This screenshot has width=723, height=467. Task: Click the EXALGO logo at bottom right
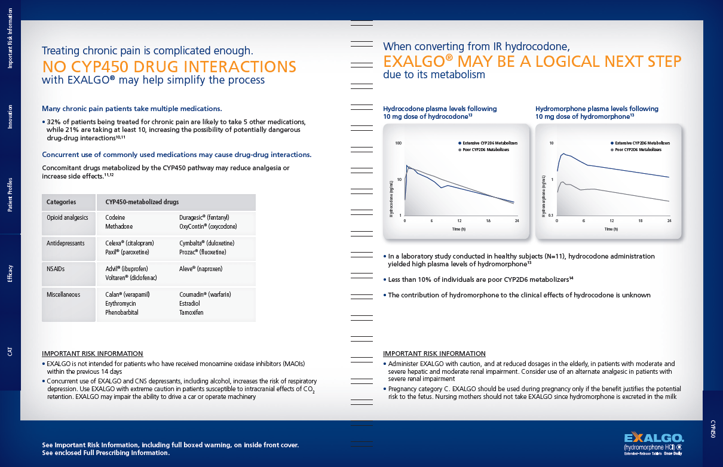click(654, 438)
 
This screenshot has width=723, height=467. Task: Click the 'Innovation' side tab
click(10, 117)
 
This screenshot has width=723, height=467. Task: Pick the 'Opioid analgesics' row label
click(68, 218)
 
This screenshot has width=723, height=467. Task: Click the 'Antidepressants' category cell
click(66, 244)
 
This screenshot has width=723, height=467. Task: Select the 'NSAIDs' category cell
click(57, 269)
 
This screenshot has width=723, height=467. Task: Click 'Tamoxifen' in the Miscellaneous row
click(191, 312)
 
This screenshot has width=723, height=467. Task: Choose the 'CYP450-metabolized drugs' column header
click(142, 202)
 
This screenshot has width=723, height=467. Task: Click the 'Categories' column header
click(62, 202)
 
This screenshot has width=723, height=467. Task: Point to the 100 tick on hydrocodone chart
click(399, 144)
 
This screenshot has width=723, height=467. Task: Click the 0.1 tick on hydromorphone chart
click(551, 215)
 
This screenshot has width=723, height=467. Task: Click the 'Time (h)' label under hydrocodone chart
click(458, 229)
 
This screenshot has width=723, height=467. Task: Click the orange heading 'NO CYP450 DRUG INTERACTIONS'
click(169, 66)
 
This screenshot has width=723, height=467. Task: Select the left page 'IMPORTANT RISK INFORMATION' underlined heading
click(93, 354)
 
